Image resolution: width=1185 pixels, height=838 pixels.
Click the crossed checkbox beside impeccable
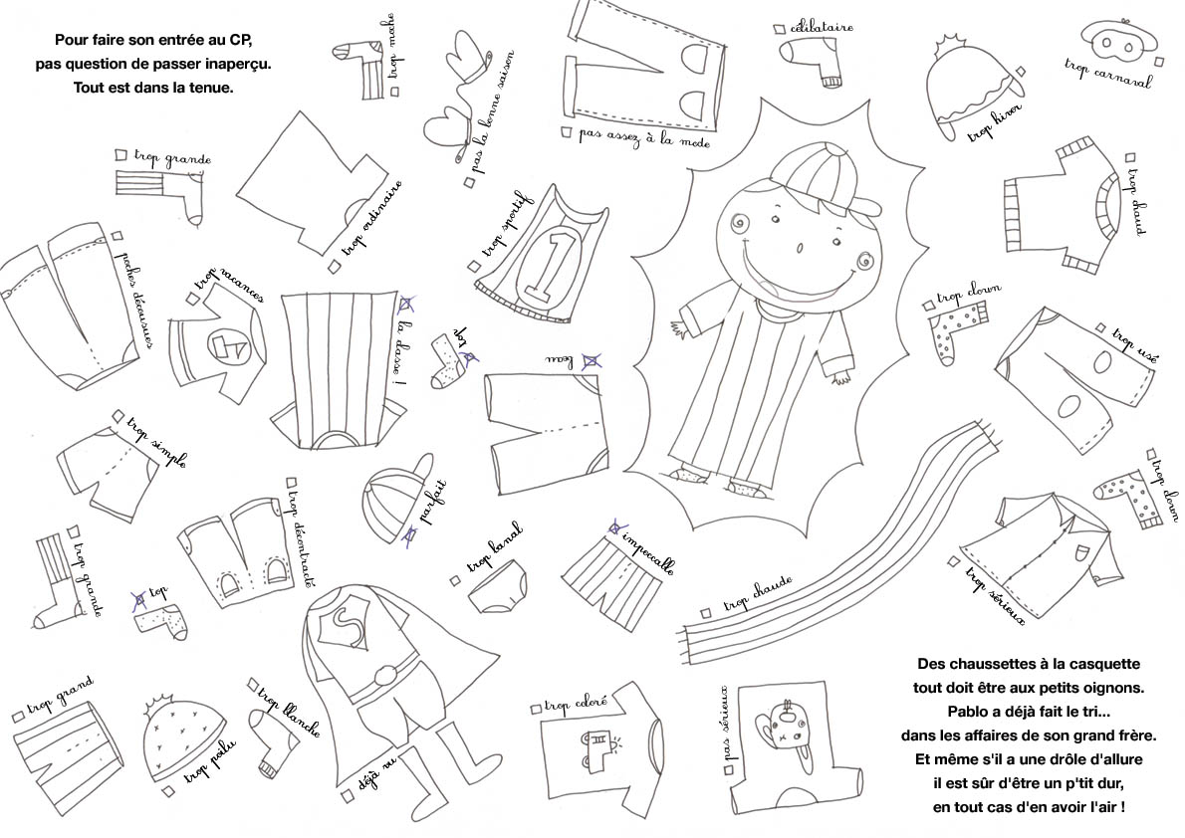[x=615, y=528]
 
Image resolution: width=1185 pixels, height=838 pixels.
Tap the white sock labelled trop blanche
[x=268, y=747]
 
